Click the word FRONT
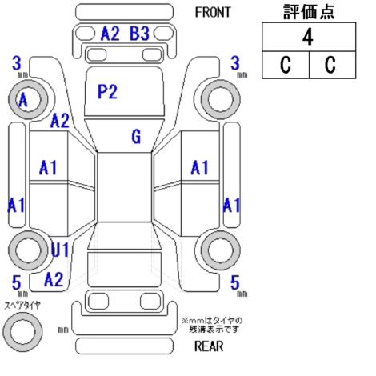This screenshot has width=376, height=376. pos(213,12)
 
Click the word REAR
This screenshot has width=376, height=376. pos(209,346)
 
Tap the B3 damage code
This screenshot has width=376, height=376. pos(139,34)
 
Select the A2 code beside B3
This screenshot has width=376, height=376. pos(110,34)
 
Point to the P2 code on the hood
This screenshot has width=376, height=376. pos(107,92)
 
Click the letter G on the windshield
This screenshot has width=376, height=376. pos(136,136)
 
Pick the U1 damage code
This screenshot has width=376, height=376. pos(60,250)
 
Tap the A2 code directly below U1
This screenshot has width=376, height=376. pos(54,279)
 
